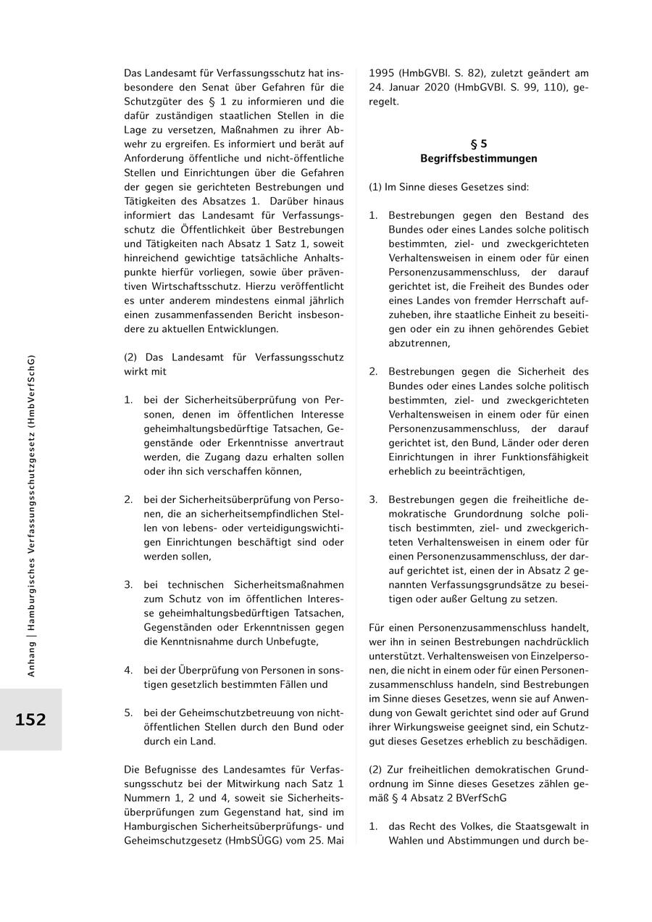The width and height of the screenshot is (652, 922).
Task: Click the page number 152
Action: (x=30, y=720)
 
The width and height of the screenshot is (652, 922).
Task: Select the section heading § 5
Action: (x=478, y=144)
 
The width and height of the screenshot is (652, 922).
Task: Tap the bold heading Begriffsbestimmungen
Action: (x=478, y=159)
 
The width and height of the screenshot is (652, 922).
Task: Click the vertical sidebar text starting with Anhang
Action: (x=31, y=515)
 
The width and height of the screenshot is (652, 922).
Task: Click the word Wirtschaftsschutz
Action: (x=188, y=286)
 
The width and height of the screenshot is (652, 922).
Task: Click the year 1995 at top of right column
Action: (x=382, y=73)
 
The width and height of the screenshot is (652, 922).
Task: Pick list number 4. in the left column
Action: (x=128, y=670)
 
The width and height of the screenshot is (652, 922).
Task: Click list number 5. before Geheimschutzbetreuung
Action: (x=128, y=713)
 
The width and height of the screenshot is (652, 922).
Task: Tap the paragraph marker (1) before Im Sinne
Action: (x=375, y=187)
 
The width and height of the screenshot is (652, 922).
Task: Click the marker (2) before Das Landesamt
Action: (x=130, y=357)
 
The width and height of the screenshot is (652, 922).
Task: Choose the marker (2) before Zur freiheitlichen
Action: (x=375, y=769)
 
